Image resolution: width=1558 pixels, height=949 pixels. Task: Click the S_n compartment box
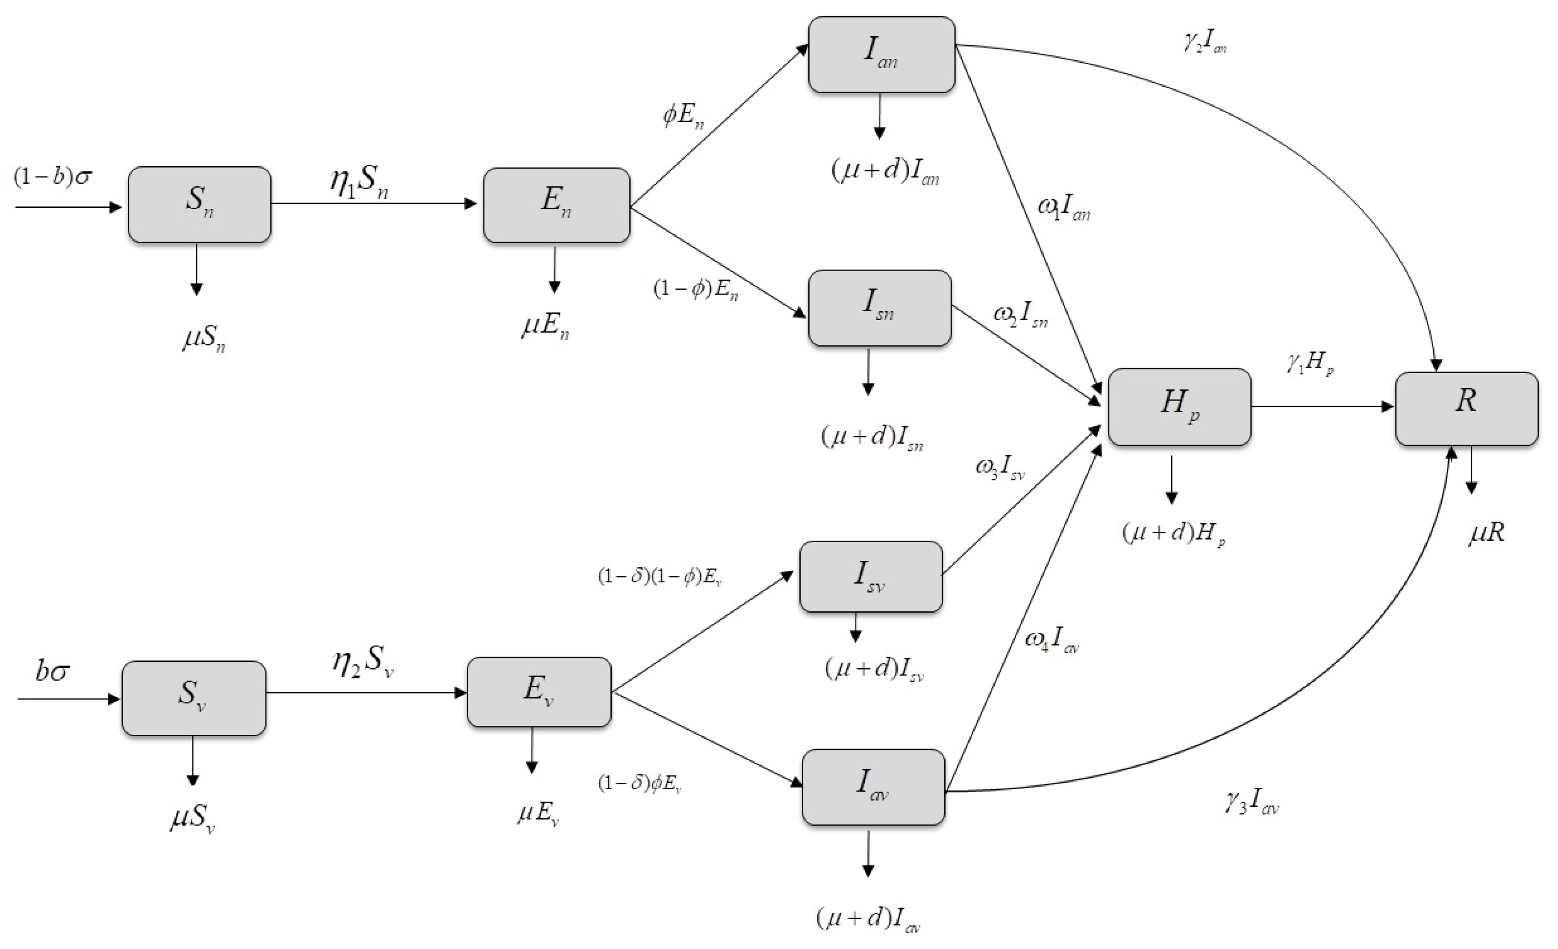click(x=199, y=204)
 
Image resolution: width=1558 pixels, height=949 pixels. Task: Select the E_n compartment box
click(x=556, y=204)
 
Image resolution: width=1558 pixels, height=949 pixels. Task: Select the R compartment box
click(x=1466, y=408)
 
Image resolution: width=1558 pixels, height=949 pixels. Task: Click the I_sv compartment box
click(x=871, y=576)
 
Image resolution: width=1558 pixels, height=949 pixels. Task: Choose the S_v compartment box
click(x=193, y=698)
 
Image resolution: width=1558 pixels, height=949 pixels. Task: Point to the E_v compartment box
click(x=539, y=692)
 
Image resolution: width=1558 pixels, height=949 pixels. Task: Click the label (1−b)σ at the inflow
click(x=52, y=176)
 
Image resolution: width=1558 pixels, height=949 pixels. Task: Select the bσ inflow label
click(x=52, y=672)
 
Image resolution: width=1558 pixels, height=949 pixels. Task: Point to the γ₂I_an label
click(x=1205, y=46)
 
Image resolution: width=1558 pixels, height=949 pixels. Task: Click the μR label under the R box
click(x=1486, y=533)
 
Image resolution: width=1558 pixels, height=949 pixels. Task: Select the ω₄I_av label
click(x=1052, y=642)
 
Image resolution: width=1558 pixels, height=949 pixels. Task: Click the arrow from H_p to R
click(x=1321, y=407)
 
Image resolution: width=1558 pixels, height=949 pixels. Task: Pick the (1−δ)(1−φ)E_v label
click(x=660, y=577)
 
